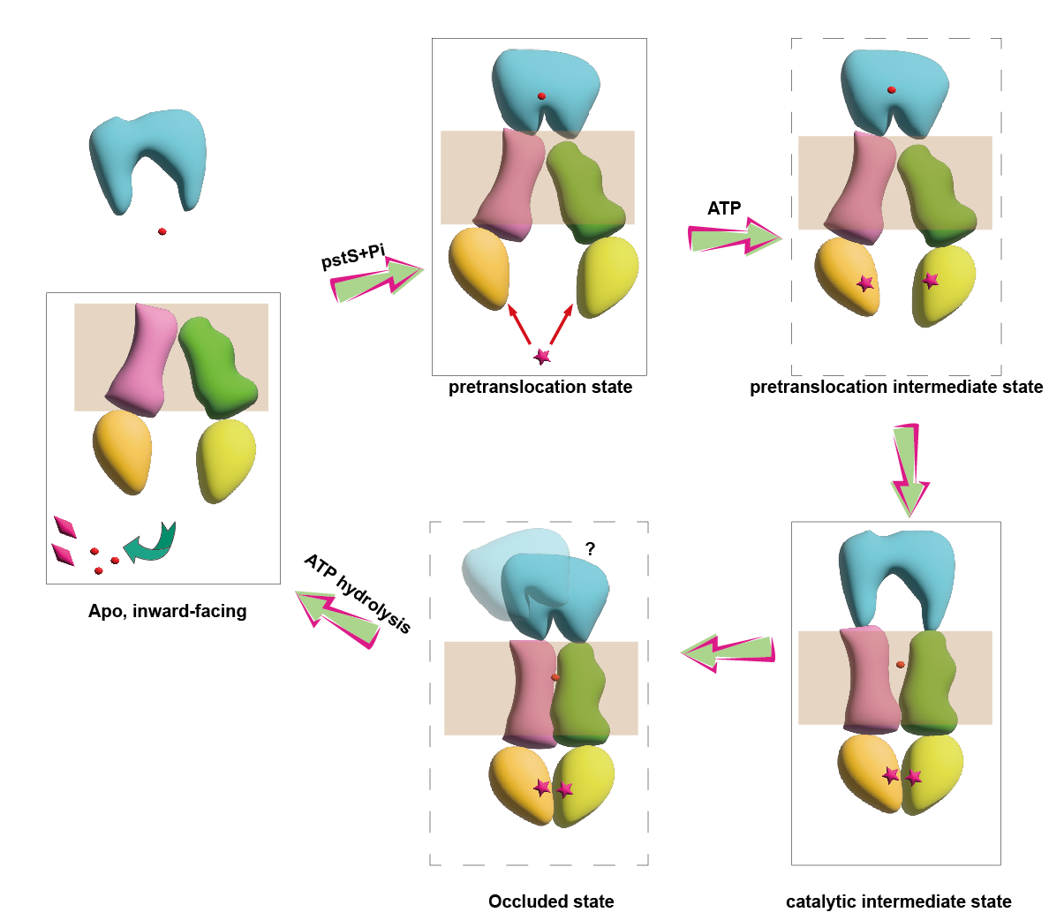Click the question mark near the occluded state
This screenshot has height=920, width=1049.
pos(590,549)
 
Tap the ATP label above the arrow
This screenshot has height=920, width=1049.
pos(724,208)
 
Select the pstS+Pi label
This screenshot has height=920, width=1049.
pos(353,257)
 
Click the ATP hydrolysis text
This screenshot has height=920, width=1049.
pos(358,593)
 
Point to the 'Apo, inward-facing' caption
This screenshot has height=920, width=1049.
pos(168,611)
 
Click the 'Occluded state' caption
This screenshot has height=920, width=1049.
pos(551,901)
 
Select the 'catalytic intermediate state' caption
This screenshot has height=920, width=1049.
pos(899,901)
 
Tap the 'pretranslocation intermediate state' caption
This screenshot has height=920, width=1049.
pos(896,387)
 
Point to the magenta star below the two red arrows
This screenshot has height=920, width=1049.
pos(542,357)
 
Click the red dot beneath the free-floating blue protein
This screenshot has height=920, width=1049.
pos(162,231)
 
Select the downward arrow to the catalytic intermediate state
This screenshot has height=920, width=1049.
pos(909,468)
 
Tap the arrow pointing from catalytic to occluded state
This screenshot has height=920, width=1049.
pos(728,652)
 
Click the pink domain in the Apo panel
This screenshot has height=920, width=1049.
pos(144,358)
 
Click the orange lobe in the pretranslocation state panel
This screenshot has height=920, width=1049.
pos(479,268)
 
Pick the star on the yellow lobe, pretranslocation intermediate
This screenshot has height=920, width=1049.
pos(930,281)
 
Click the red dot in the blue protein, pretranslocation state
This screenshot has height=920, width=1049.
pos(541,96)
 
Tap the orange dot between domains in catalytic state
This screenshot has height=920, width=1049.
pos(900,664)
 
